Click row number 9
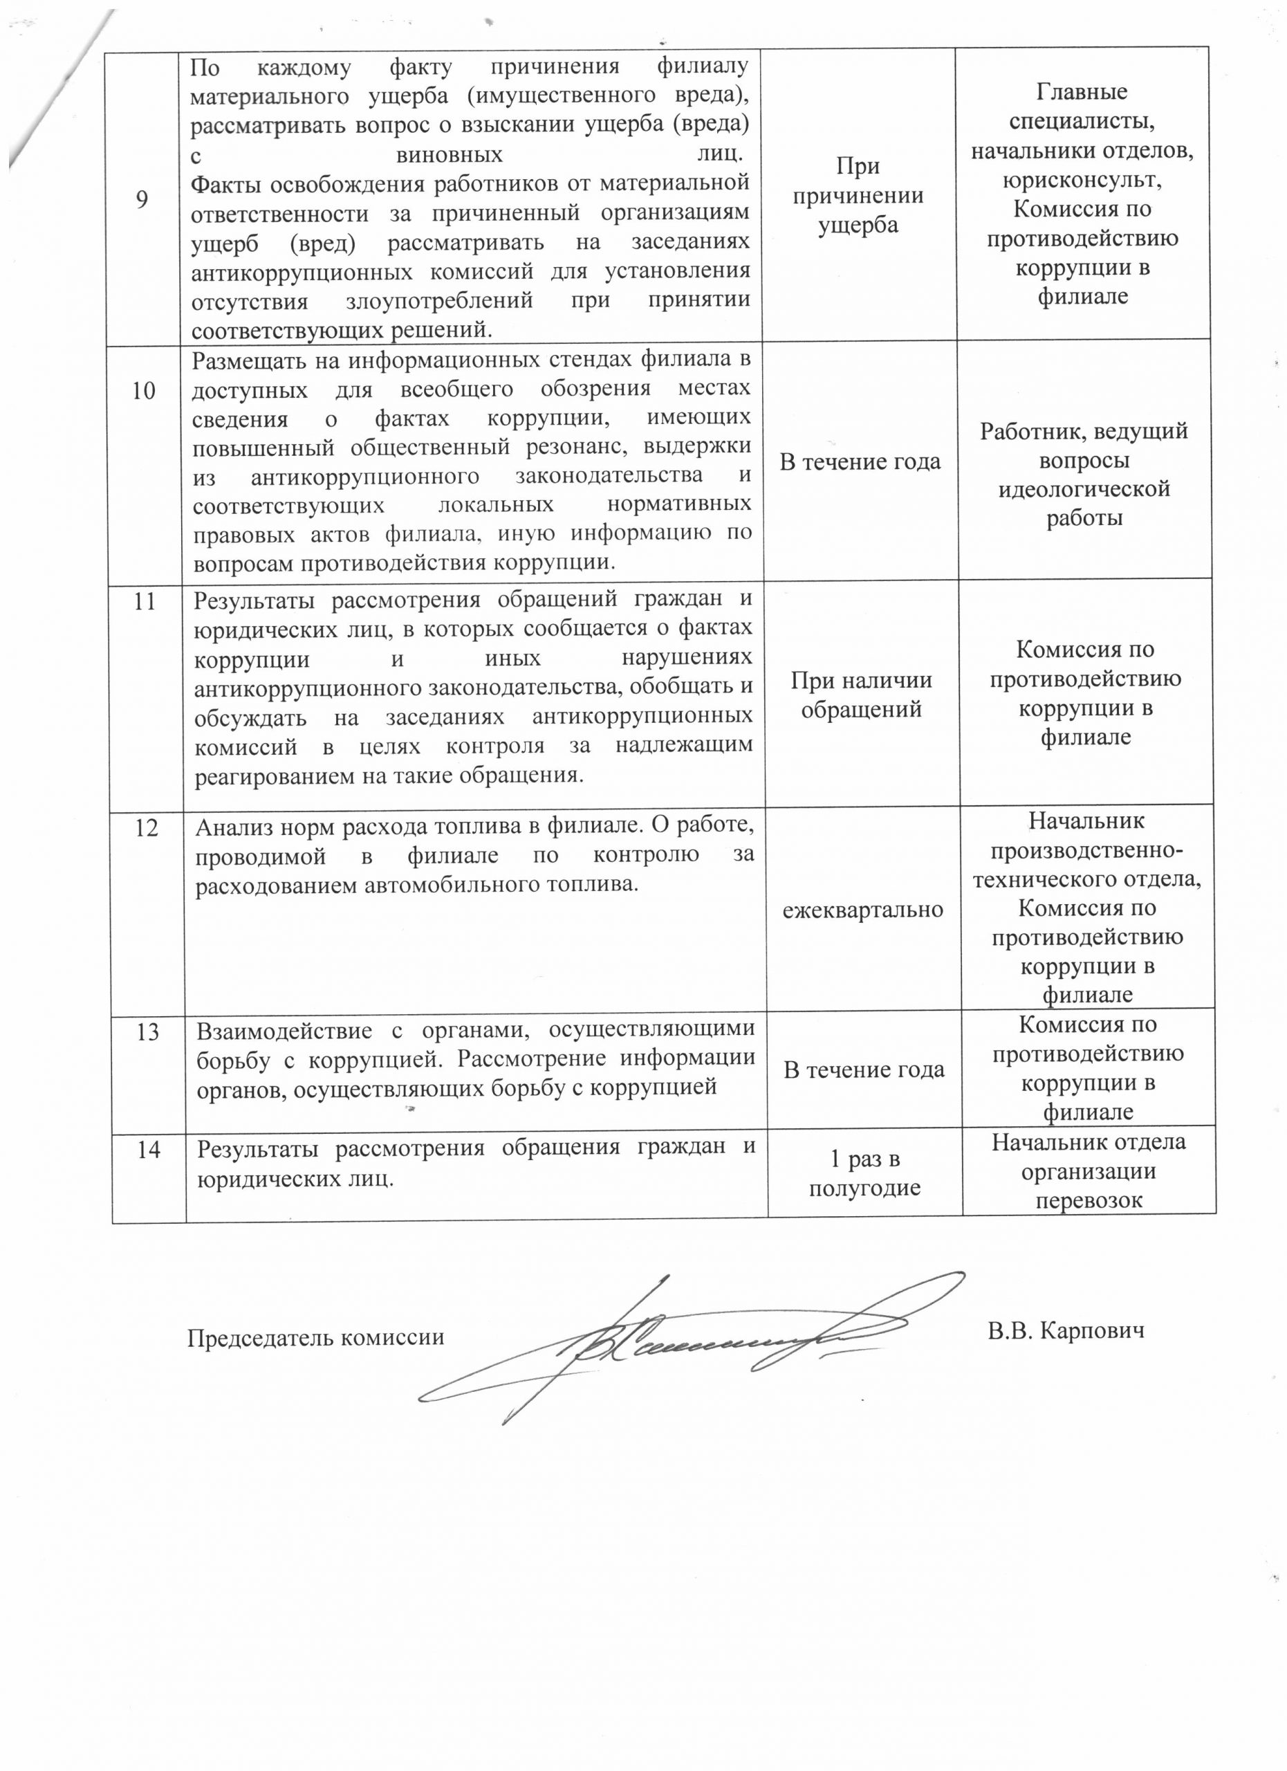141,200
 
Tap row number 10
144,390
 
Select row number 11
145,601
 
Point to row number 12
147,827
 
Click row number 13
147,1032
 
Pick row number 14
148,1150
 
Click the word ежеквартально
862,910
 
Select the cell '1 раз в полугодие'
864,1174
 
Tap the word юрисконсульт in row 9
1082,180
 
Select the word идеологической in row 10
1084,490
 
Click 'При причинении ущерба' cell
858,195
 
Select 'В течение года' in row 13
864,1070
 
